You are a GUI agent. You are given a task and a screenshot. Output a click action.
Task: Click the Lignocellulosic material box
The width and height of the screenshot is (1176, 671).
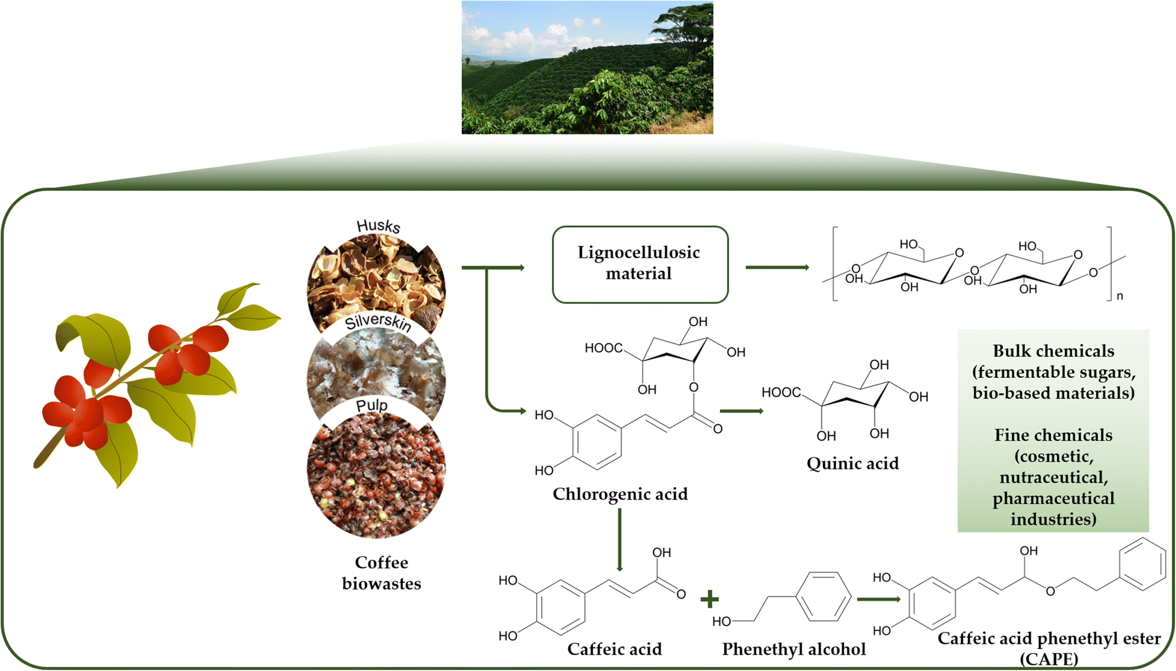coord(639,264)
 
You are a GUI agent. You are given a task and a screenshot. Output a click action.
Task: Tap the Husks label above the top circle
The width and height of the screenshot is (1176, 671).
coord(378,226)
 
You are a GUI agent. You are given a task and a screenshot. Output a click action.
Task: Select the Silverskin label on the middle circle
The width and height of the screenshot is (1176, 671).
coord(378,322)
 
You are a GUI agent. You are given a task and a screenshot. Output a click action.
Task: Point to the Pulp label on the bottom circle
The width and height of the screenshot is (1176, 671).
coord(372,405)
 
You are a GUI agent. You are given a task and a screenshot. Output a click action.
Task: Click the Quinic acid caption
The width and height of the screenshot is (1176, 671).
coord(852,463)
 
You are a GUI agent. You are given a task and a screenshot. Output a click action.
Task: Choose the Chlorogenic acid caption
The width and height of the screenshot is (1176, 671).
coord(620,494)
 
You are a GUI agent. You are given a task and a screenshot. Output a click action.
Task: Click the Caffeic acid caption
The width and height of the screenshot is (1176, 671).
coord(614,649)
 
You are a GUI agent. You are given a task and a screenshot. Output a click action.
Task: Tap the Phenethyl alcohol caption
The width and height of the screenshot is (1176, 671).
coord(793,649)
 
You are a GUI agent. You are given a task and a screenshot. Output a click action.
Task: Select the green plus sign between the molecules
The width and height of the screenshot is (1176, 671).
coord(709,599)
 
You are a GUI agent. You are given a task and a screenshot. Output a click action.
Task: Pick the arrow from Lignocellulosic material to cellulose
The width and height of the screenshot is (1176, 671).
coord(777,267)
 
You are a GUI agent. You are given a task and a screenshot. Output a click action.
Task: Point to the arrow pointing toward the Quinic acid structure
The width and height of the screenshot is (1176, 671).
coord(741,411)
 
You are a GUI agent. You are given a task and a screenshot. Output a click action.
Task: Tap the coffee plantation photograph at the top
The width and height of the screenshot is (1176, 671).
coord(587,68)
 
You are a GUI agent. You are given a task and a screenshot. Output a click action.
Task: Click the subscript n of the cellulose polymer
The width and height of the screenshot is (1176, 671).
coord(1119,296)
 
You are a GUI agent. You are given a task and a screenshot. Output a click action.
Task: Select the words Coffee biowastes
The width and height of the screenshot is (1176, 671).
coord(381,573)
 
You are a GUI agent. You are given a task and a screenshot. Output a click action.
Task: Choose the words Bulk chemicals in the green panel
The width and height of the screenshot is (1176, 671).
coord(1053,350)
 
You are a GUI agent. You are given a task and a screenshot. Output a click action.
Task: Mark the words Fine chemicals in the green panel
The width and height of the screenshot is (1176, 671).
coord(1053,435)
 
